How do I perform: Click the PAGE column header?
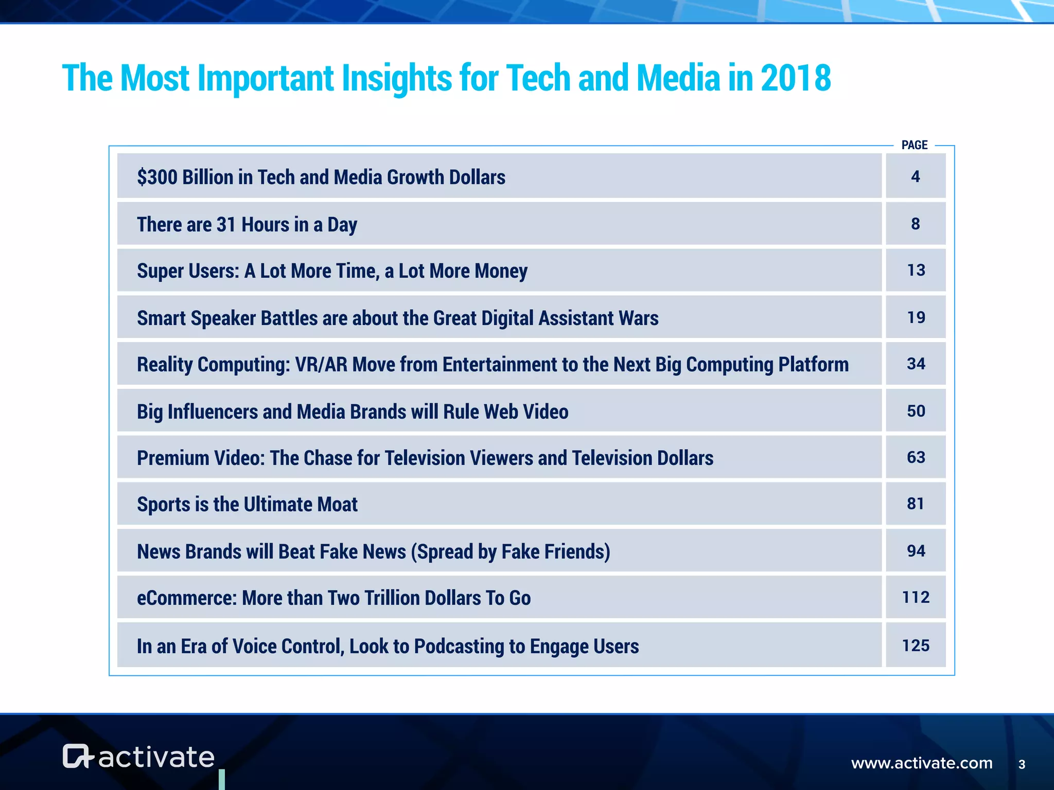[x=914, y=145]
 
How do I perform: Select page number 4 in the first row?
[x=915, y=176]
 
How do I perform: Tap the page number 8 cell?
[x=915, y=224]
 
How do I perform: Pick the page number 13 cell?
[x=916, y=270]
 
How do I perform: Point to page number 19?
[x=916, y=317]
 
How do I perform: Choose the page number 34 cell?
[x=916, y=364]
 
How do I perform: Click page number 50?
[x=916, y=411]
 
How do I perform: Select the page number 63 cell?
[x=916, y=457]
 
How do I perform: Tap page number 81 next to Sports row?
[x=916, y=504]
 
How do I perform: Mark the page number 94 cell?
[x=916, y=551]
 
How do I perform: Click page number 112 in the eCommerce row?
[x=916, y=597]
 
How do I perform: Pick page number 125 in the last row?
[x=916, y=645]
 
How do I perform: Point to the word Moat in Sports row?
[x=337, y=505]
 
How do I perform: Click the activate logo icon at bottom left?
[x=77, y=756]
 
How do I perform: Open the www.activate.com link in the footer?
[x=921, y=763]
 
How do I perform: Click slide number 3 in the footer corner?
[x=1022, y=764]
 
